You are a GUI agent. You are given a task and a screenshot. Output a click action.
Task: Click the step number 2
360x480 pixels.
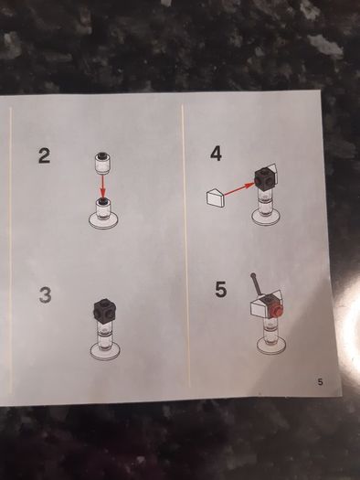click(44, 155)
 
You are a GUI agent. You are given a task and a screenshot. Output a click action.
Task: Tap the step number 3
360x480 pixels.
click(46, 294)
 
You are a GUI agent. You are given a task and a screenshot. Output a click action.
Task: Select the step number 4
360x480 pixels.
click(216, 154)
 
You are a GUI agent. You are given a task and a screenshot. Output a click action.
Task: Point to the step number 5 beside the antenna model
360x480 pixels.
click(221, 289)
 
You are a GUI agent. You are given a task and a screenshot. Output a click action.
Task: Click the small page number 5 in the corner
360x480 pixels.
click(320, 382)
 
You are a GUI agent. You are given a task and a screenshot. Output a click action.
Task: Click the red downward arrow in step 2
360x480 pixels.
click(103, 187)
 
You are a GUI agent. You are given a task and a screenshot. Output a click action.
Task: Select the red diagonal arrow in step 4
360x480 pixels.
click(239, 188)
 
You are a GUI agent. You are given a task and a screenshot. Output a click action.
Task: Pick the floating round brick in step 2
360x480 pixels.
click(102, 163)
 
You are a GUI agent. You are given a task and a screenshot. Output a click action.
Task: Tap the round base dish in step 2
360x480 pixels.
click(103, 220)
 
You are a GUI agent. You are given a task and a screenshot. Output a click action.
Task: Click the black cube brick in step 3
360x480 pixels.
click(105, 310)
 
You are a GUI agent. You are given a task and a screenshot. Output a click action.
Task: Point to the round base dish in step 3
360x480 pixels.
click(105, 351)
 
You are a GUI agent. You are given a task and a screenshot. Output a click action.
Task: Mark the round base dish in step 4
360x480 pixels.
click(266, 217)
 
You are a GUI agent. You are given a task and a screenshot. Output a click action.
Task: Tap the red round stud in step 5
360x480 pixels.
click(276, 312)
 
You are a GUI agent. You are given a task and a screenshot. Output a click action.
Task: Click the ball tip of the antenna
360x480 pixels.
click(253, 275)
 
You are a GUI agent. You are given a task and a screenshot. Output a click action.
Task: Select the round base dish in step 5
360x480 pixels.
click(271, 346)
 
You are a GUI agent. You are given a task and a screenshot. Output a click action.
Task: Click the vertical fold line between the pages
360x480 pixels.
click(186, 245)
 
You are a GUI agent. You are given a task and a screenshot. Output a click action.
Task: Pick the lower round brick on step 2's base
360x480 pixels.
click(103, 209)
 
